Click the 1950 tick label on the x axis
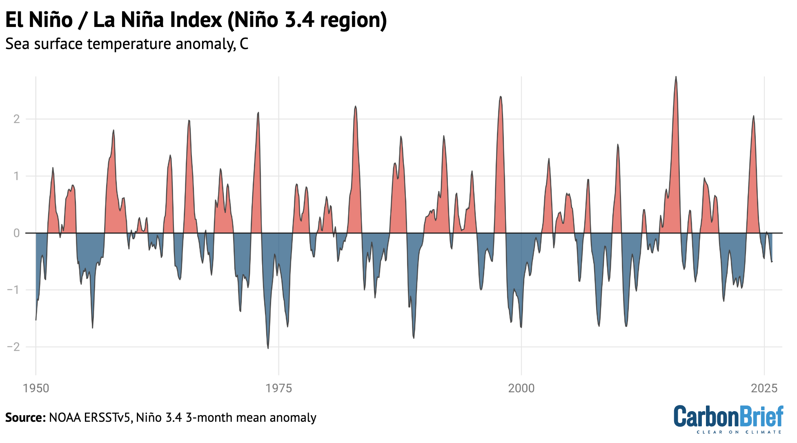tap(36, 388)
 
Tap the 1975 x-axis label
tap(278, 388)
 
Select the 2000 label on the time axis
tap(521, 388)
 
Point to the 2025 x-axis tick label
tap(764, 388)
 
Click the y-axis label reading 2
tap(17, 119)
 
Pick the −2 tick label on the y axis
tap(13, 347)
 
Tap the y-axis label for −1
tap(13, 290)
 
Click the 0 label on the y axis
tap(17, 233)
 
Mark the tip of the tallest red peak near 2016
tap(676, 77)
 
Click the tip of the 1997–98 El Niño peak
tap(501, 97)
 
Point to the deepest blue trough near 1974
tap(268, 348)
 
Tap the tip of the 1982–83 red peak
tap(356, 106)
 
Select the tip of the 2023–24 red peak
tap(754, 116)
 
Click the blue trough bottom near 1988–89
tap(414, 338)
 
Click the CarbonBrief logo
tap(728, 416)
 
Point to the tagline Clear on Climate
tap(739, 432)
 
